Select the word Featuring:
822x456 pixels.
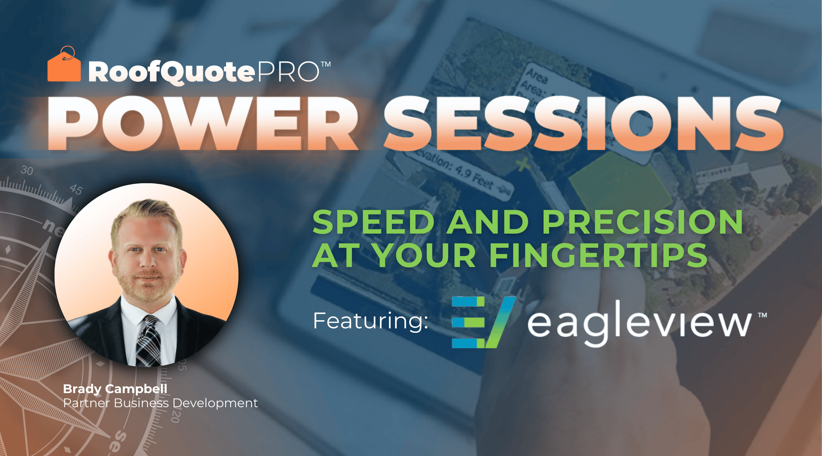click(x=370, y=321)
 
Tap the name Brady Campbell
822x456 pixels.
click(x=115, y=389)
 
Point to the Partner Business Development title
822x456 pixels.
click(x=160, y=403)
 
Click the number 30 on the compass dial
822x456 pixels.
click(x=27, y=171)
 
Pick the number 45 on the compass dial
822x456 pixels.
click(x=76, y=190)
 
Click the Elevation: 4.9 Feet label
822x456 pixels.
click(x=459, y=174)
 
